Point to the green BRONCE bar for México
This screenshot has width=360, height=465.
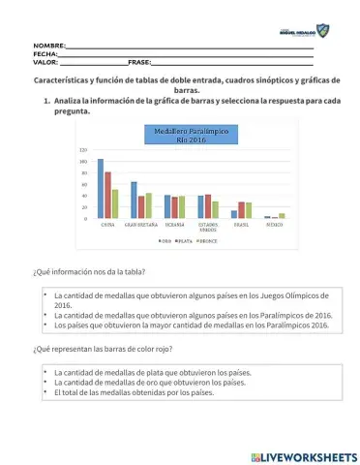[x=282, y=216]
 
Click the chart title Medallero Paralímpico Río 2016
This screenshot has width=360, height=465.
[x=178, y=135]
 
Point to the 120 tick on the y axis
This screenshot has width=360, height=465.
[x=84, y=150]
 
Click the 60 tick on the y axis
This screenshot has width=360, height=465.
[x=85, y=184]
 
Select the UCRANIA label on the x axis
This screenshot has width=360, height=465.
[x=175, y=224]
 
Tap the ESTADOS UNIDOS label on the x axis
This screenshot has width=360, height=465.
[x=209, y=226]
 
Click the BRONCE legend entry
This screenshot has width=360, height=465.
[x=207, y=240]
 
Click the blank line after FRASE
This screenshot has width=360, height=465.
[x=232, y=62]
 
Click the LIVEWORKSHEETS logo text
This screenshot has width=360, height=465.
[x=308, y=456]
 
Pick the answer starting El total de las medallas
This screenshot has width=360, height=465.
[x=134, y=392]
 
